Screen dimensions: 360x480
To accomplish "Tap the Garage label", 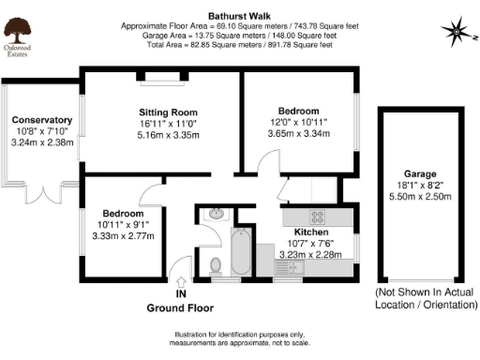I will (421, 173).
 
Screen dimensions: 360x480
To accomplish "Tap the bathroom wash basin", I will (216, 214).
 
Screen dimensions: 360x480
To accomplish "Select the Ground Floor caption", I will (180, 307).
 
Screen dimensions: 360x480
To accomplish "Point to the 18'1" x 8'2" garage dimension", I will (421, 186).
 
